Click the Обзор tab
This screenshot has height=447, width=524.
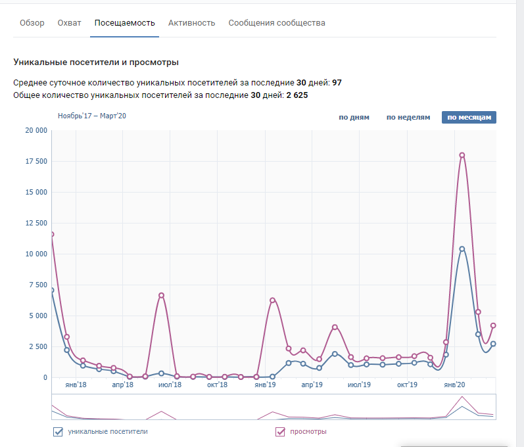32,23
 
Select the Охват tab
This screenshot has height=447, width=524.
69,23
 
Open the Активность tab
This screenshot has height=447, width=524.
191,23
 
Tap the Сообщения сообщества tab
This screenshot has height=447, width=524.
277,23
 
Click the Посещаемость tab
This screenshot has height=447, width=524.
125,23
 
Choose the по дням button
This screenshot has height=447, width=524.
354,118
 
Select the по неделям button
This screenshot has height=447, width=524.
408,118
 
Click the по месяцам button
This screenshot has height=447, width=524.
469,118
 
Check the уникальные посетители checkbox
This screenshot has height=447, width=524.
57,432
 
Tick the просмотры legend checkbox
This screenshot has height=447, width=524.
279,432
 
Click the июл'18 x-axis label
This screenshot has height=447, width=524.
170,385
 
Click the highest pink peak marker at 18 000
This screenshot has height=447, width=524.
462,155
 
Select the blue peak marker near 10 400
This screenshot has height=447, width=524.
462,249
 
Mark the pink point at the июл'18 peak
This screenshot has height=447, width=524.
161,295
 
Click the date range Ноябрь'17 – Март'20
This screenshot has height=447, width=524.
91,116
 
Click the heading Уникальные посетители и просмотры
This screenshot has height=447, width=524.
96,62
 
